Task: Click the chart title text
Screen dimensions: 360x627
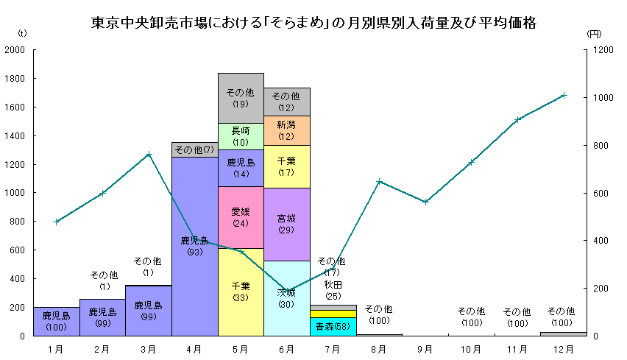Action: coord(313,23)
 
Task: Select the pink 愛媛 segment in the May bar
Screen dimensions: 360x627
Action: coord(241,217)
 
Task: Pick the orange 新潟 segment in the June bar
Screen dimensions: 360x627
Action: coord(286,130)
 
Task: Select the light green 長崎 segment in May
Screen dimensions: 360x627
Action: coord(241,136)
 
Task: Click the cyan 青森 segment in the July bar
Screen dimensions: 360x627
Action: coord(333,326)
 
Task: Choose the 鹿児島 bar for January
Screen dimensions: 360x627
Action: coord(57,321)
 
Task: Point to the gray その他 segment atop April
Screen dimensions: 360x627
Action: coord(194,150)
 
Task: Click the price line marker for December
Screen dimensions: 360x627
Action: coord(563,95)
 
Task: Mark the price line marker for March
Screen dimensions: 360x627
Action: coord(149,155)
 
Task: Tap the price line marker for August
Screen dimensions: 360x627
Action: coord(379,181)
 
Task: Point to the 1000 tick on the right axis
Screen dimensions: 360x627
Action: coord(603,98)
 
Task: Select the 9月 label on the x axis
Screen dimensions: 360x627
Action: coord(425,347)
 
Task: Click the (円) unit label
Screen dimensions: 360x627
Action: coord(595,34)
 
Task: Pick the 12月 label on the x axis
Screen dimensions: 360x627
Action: coord(563,347)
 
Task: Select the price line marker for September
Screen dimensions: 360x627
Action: coord(425,202)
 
